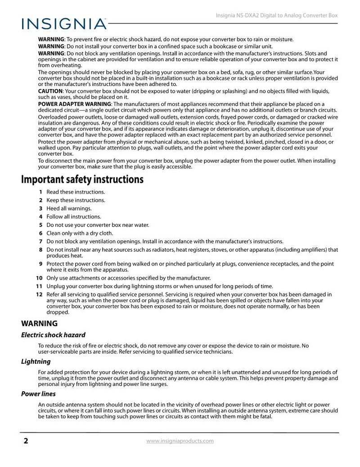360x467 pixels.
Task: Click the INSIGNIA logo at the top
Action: click(63, 23)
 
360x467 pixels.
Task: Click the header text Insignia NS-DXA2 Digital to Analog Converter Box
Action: click(274, 15)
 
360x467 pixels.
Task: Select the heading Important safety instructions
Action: click(82, 180)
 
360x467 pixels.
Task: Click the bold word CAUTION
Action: click(50, 91)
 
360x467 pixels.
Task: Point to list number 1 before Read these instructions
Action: click(40, 192)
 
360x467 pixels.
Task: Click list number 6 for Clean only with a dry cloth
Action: click(40, 233)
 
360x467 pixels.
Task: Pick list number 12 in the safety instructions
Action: click(39, 295)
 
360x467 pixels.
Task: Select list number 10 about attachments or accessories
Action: click(39, 278)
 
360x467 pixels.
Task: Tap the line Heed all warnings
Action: click(69, 209)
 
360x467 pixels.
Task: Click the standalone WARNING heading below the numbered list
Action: click(40, 323)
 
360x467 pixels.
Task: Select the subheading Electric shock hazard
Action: click(53, 335)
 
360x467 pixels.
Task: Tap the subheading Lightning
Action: click(36, 362)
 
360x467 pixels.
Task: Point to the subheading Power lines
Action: click(38, 394)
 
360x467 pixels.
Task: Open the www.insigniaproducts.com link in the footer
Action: click(180, 441)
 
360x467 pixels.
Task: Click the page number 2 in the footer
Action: click(25, 441)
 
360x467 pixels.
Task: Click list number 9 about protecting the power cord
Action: click(40, 264)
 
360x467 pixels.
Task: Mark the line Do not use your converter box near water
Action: click(98, 225)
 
